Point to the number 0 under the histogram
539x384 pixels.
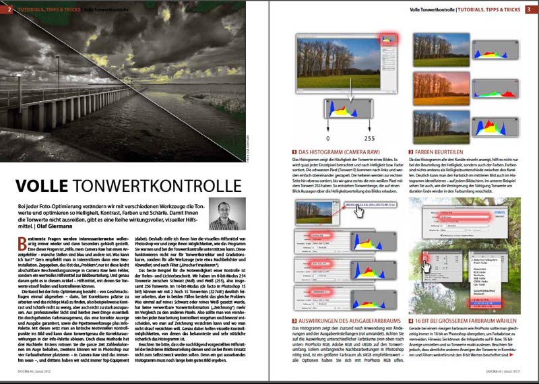click(328, 135)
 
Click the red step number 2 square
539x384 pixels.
click(410, 152)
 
